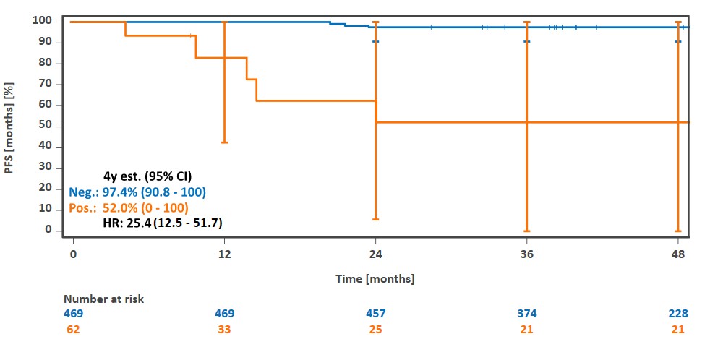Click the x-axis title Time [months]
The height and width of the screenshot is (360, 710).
pyautogui.click(x=375, y=278)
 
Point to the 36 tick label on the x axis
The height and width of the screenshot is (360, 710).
pyautogui.click(x=526, y=254)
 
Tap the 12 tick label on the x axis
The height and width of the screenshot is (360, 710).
pyautogui.click(x=224, y=254)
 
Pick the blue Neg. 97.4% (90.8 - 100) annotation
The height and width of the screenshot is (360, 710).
pyautogui.click(x=137, y=192)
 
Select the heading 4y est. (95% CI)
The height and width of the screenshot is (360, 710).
pyautogui.click(x=147, y=176)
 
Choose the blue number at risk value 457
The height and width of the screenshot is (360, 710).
pyautogui.click(x=375, y=314)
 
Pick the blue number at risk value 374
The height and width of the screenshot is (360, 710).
pyautogui.click(x=526, y=314)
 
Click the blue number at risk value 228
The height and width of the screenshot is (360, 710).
pyautogui.click(x=677, y=314)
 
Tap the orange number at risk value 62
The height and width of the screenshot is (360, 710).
pyautogui.click(x=73, y=330)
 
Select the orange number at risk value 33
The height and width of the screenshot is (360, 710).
pyautogui.click(x=224, y=330)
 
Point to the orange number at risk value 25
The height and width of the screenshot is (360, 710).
pyautogui.click(x=375, y=330)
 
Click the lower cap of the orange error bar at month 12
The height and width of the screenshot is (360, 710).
pyautogui.click(x=224, y=142)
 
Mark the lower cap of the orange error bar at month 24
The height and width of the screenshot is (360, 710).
pyautogui.click(x=375, y=219)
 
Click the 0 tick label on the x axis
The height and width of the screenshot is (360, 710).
pyautogui.click(x=73, y=254)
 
